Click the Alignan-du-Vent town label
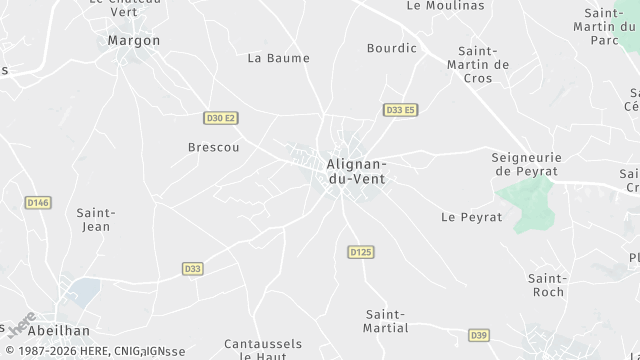356,171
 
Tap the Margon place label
133,41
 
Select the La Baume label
278,58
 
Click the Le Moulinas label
445,6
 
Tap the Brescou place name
213,147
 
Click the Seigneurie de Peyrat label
528,164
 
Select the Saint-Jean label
96,219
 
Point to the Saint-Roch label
547,285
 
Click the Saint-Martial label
387,321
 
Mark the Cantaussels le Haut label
263,349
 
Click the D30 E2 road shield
221,118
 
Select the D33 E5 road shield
400,110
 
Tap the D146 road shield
38,203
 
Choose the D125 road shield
361,252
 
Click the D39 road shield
478,335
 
